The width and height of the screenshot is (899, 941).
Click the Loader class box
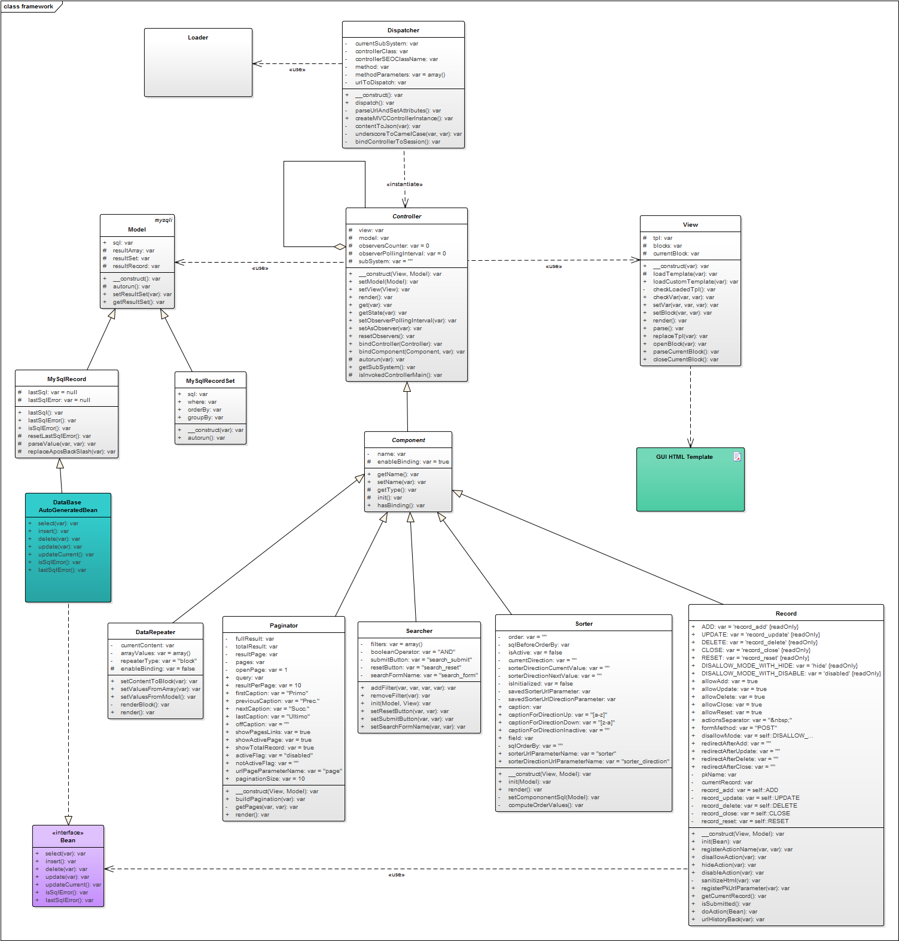point(198,62)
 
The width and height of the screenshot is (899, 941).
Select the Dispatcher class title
point(403,31)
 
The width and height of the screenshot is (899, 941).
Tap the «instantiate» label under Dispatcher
point(404,184)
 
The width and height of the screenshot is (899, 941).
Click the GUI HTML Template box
point(690,480)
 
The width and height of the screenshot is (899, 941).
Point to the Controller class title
point(407,217)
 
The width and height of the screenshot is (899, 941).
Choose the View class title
point(690,225)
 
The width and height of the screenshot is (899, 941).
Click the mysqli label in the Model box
point(163,220)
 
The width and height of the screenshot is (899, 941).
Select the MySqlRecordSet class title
point(210,381)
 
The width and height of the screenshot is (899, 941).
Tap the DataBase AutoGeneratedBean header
point(68,506)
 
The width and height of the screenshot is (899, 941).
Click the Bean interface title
point(68,840)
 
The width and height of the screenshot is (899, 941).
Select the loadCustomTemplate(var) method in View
point(695,282)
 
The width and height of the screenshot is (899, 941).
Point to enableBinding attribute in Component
point(413,462)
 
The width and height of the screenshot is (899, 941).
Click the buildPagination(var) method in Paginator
point(270,799)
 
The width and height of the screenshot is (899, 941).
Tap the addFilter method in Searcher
point(413,688)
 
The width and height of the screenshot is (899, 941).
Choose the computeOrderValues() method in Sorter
point(546,805)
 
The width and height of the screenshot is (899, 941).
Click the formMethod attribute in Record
point(739,728)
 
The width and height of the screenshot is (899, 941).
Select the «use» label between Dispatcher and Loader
point(297,70)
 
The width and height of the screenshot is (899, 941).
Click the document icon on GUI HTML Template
point(737,457)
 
